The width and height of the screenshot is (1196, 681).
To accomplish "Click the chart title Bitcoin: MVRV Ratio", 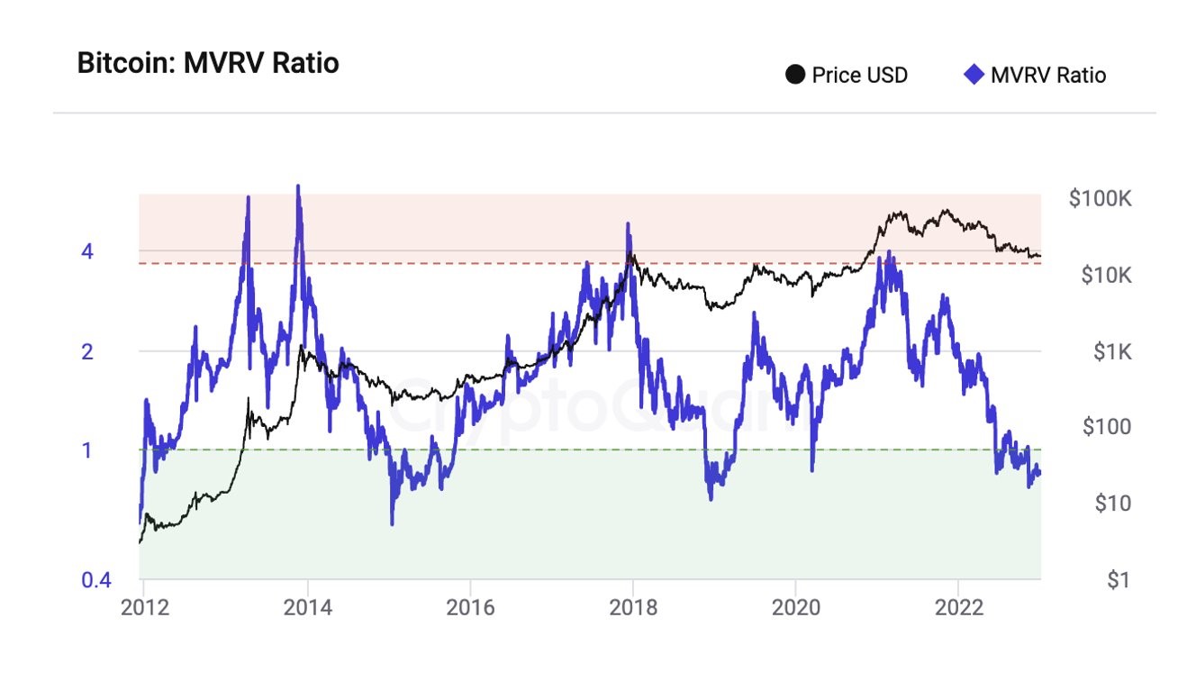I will [x=208, y=64].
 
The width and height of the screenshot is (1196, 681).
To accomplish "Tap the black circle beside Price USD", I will [x=795, y=75].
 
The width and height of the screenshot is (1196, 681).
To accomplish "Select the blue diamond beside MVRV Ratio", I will [x=974, y=75].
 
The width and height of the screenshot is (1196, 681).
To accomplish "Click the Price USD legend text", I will [x=859, y=75].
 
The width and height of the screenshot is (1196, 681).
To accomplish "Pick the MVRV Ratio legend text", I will [x=1047, y=75].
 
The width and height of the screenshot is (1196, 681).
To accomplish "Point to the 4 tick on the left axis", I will [x=87, y=251].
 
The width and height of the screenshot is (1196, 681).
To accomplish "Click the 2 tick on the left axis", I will [x=87, y=351].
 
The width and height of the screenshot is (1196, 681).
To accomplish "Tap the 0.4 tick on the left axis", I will [x=96, y=580].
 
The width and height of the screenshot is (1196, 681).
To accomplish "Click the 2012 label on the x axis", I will [x=145, y=606].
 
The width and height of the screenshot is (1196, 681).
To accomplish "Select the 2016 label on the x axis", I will [x=470, y=606].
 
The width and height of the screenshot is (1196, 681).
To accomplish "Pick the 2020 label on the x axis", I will [x=795, y=606].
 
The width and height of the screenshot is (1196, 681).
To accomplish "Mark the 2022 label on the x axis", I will [x=957, y=606].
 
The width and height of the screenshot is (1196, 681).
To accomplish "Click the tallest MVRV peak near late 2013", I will [x=298, y=186].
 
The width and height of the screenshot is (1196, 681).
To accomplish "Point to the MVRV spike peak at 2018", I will [x=630, y=224].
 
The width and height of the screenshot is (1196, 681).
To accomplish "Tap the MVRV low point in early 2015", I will [x=392, y=522].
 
